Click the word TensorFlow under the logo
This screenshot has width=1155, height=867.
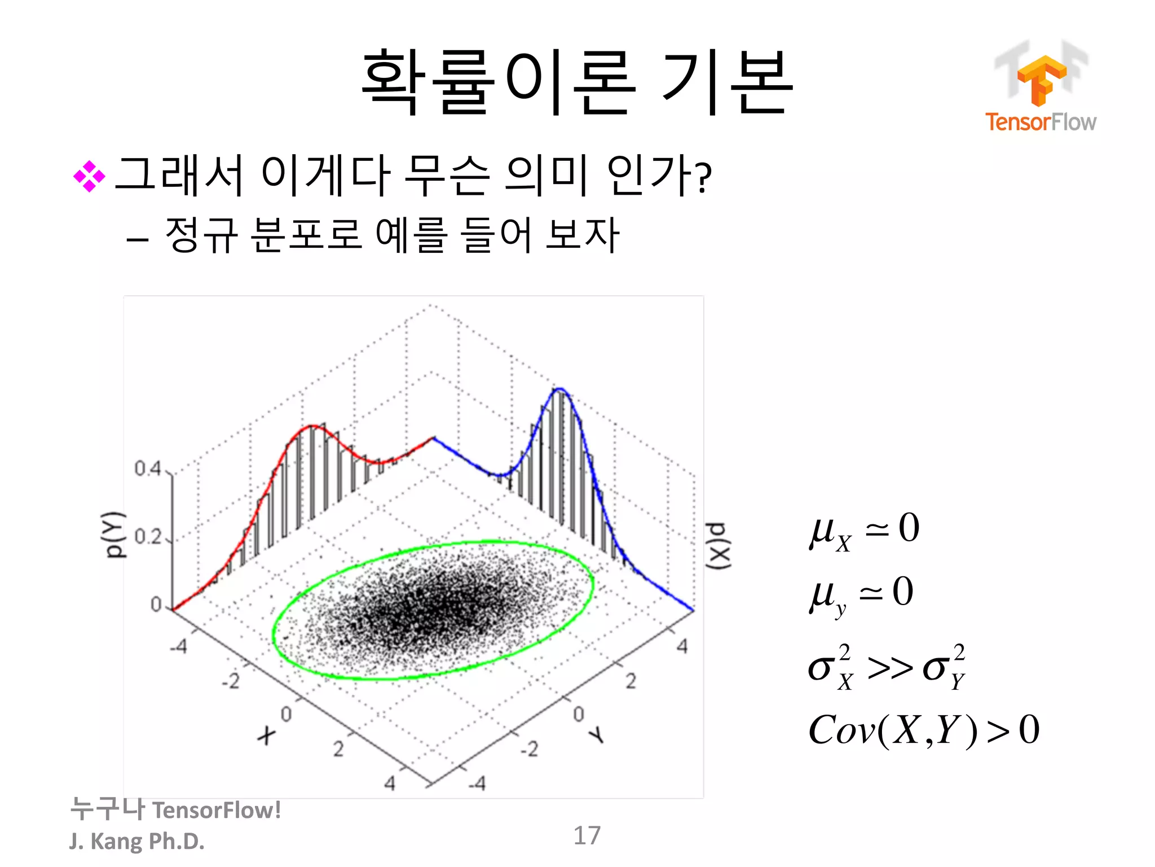pos(1041,122)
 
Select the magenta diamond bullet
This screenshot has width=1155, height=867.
pos(89,177)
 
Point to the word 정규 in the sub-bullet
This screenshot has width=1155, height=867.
pos(201,234)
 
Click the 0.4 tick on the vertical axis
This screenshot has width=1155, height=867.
pos(148,468)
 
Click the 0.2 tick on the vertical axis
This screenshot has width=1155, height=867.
pos(148,536)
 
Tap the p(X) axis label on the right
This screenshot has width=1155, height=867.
pos(720,546)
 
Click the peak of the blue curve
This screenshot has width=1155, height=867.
pos(559,389)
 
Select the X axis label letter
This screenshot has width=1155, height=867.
pos(266,735)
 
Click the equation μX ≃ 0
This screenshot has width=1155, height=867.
pos(864,531)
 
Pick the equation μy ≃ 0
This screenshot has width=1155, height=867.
pos(861,594)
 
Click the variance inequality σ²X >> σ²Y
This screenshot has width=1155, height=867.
pos(887,667)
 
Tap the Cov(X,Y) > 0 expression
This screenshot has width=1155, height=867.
pos(923,730)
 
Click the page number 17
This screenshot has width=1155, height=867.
pos(587,835)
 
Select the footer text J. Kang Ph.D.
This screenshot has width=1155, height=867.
pos(137,841)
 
